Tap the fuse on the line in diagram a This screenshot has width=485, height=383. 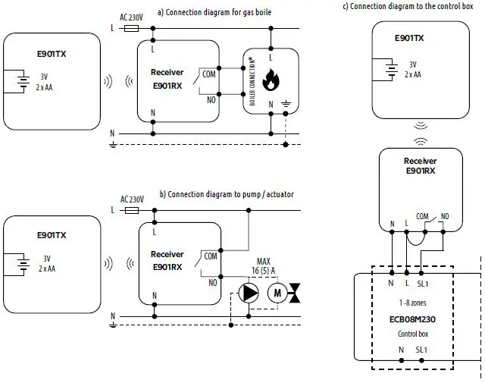click(x=130, y=27)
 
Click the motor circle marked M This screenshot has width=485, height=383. click(x=275, y=293)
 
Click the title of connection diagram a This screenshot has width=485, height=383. click(x=214, y=12)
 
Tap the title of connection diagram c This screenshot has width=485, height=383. click(x=413, y=7)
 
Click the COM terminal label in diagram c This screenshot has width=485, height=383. click(x=423, y=215)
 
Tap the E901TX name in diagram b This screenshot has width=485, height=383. click(x=52, y=235)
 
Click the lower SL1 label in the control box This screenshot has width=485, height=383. click(x=421, y=350)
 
